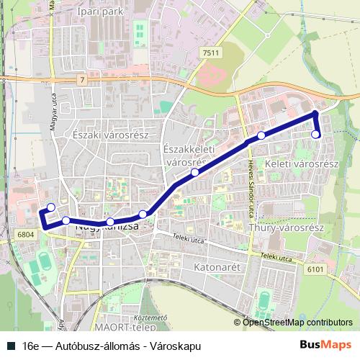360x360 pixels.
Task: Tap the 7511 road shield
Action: pos(211,53)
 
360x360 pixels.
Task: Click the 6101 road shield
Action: pos(315,269)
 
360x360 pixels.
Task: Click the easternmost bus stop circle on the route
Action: pos(315,135)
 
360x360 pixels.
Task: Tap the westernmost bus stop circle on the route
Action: pos(50,208)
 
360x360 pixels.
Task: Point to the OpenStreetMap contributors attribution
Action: pos(293,322)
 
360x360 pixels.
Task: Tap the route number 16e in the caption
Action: pos(30,345)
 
